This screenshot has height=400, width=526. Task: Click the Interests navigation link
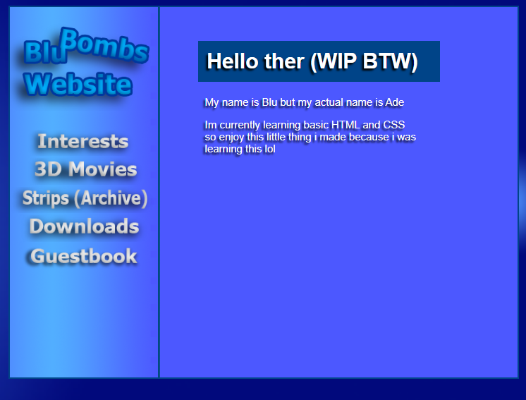[83, 141]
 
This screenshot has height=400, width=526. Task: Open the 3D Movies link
[85, 169]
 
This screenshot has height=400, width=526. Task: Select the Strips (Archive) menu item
[85, 198]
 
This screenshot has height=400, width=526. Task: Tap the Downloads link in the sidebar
[84, 226]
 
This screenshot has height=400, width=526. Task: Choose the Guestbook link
[84, 256]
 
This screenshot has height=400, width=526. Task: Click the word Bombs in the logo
[104, 46]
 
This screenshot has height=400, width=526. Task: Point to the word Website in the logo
[78, 84]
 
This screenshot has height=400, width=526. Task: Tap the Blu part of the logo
[45, 52]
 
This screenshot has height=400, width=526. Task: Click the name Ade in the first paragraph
[395, 102]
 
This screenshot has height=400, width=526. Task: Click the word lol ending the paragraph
[270, 149]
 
